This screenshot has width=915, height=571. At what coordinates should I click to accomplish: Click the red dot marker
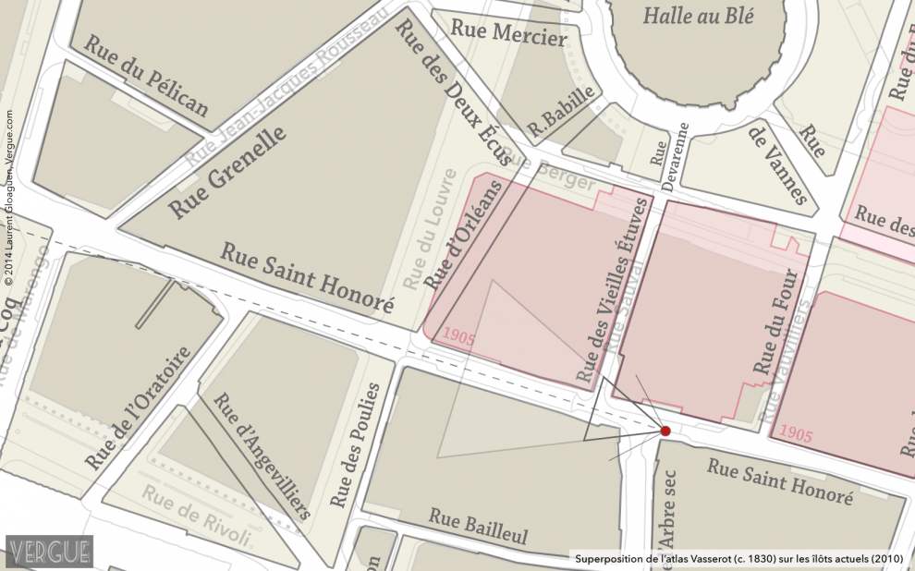[665, 431]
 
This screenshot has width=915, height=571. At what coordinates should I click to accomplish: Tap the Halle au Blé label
[699, 16]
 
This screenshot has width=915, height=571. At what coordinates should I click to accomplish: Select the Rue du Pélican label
[146, 76]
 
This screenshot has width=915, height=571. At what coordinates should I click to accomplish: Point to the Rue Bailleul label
[478, 527]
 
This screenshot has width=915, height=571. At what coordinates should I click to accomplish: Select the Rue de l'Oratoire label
[138, 408]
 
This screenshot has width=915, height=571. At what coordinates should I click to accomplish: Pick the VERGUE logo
[49, 551]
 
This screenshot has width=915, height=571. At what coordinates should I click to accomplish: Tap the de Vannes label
[776, 164]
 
